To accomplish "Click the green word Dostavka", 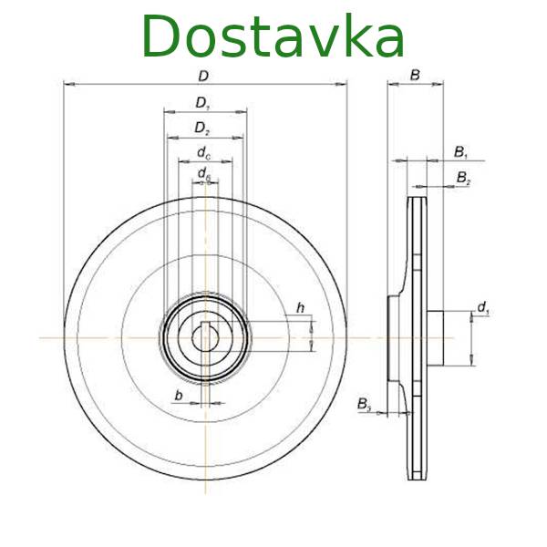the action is [x=273, y=36].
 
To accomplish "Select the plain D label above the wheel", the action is [x=203, y=76].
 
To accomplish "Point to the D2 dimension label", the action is [x=202, y=129].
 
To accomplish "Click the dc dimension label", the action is [x=204, y=153].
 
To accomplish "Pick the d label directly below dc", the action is [x=204, y=174].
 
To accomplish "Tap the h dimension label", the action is [x=300, y=308].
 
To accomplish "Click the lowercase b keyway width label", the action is [x=179, y=396].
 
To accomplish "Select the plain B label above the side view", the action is [x=415, y=75].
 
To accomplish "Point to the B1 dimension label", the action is [x=460, y=152].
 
